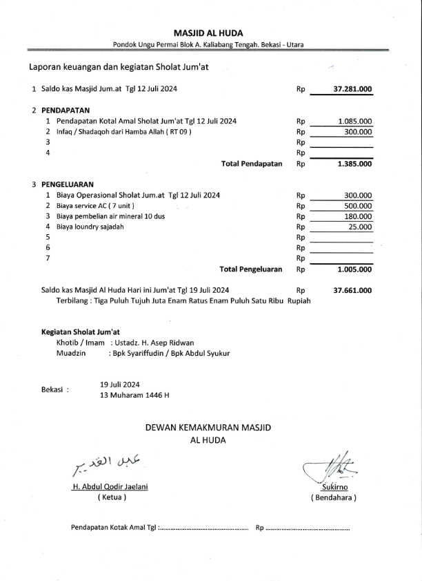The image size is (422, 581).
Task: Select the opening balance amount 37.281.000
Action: [x=352, y=89]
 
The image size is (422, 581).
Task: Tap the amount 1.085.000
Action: [x=355, y=121]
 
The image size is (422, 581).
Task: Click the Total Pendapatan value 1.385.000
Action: [x=354, y=164]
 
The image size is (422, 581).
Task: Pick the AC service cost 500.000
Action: [x=358, y=206]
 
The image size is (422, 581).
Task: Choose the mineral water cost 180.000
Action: [x=358, y=216]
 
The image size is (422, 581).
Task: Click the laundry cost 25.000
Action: [x=361, y=227]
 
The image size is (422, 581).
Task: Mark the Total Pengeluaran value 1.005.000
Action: [x=354, y=269]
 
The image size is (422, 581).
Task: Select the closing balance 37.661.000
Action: [x=352, y=291]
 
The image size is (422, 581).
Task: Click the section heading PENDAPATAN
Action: [x=66, y=110]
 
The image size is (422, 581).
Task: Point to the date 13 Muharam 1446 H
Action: [x=134, y=395]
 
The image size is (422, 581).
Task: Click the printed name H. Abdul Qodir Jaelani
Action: [x=110, y=486]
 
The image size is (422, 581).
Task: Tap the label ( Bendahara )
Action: [x=334, y=497]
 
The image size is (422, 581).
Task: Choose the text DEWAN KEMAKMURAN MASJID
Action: [x=208, y=428]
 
